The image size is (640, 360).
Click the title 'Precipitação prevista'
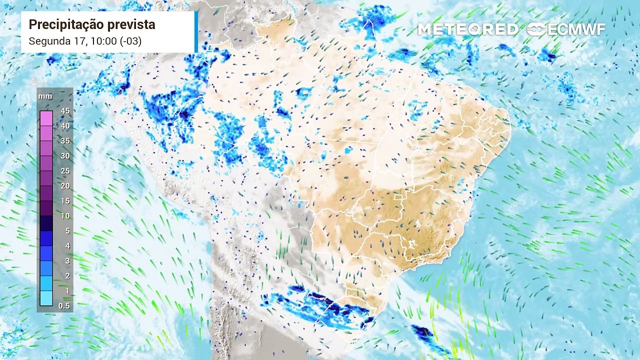coord(91,24)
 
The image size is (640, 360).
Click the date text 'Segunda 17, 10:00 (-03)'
coord(85,41)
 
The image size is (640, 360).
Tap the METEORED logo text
coord(467,29)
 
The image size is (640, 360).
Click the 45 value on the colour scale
coord(65,111)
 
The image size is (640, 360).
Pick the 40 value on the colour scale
coord(65,126)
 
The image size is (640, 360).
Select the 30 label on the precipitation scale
coord(65,156)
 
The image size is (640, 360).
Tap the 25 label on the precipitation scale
coord(65,171)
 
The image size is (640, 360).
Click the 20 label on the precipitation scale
coord(65,186)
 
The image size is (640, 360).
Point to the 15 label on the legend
coord(65,201)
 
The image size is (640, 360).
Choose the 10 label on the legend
coord(65,216)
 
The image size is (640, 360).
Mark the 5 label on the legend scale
coord(67,231)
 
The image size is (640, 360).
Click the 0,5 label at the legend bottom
coord(64,305)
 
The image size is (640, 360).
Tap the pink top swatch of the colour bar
coord(46,118)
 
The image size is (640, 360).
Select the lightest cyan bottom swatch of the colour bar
coord(46,298)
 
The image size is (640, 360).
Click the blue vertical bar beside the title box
coord(196,31)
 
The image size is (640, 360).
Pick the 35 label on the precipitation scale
coord(65,141)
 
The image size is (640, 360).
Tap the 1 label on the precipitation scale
coord(67,291)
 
